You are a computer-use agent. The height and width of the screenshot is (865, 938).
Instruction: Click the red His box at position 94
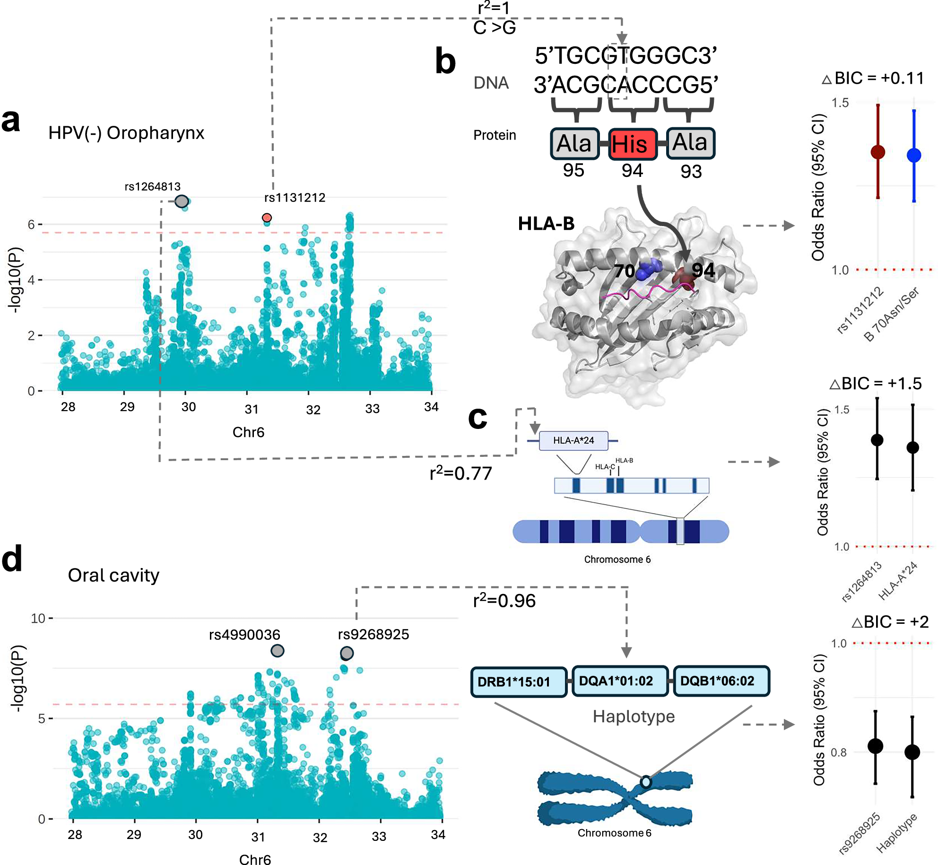point(633,144)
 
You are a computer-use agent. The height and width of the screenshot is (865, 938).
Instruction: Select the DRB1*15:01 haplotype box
point(519,682)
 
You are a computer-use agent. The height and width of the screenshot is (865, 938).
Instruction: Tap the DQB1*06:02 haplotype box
point(721,681)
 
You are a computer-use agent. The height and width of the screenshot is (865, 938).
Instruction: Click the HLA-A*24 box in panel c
point(573,440)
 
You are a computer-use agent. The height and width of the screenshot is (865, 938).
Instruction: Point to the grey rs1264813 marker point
point(182,201)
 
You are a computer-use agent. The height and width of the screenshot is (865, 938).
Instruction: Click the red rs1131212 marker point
point(267,218)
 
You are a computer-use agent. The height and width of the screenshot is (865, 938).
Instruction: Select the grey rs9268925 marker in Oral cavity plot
point(347,653)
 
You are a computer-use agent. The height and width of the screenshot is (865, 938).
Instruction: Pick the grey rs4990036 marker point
point(278,651)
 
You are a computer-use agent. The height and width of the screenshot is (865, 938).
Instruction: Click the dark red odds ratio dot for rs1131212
point(878,152)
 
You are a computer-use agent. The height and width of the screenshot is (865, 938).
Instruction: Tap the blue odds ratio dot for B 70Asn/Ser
point(914,155)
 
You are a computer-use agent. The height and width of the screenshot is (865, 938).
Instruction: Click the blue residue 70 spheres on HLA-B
point(649,270)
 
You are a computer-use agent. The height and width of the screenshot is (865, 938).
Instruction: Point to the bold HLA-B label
point(546,223)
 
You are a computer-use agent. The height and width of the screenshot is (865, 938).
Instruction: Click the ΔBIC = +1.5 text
point(876,383)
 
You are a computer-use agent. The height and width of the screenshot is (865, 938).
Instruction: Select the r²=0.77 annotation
point(460,473)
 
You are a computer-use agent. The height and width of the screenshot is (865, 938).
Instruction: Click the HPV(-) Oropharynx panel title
point(126,133)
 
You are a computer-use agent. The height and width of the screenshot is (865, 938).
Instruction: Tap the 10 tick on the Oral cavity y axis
point(38,618)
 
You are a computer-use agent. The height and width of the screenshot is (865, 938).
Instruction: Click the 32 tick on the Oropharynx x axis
point(313,410)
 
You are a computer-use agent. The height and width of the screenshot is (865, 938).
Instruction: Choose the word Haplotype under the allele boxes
point(634,716)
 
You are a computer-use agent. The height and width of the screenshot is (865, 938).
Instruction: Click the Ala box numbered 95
point(574,143)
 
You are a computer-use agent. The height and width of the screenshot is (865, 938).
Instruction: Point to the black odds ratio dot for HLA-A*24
point(912,447)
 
